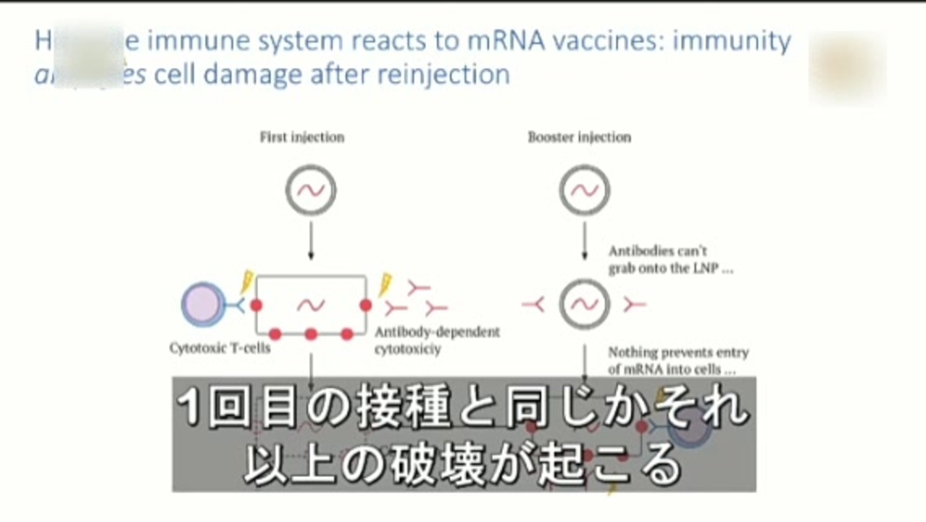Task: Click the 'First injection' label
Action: coord(301,137)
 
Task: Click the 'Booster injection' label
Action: coord(579,137)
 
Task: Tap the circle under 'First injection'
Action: coord(310,190)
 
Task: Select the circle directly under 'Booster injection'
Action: coord(584,190)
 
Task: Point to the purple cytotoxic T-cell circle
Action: coord(202,304)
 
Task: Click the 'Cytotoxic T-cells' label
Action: coord(220,348)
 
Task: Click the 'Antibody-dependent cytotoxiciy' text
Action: coord(437,341)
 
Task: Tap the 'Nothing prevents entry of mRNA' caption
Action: coord(677,360)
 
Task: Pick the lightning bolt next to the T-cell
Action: coord(248,282)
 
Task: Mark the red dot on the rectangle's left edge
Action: coord(256,305)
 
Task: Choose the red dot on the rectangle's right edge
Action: coord(365,305)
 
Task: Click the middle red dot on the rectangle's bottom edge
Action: coord(311,334)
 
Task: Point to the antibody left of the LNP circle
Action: coord(533,305)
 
